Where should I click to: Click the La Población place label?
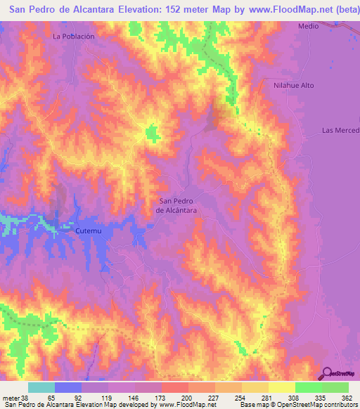pos(73,35)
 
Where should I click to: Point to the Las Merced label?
pos(340,131)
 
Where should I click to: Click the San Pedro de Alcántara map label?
pos(176,205)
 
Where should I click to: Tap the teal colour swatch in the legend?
pos(41,387)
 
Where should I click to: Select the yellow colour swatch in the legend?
pos(281,387)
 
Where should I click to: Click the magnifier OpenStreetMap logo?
pos(328,374)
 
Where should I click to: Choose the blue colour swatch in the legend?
pos(67,387)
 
